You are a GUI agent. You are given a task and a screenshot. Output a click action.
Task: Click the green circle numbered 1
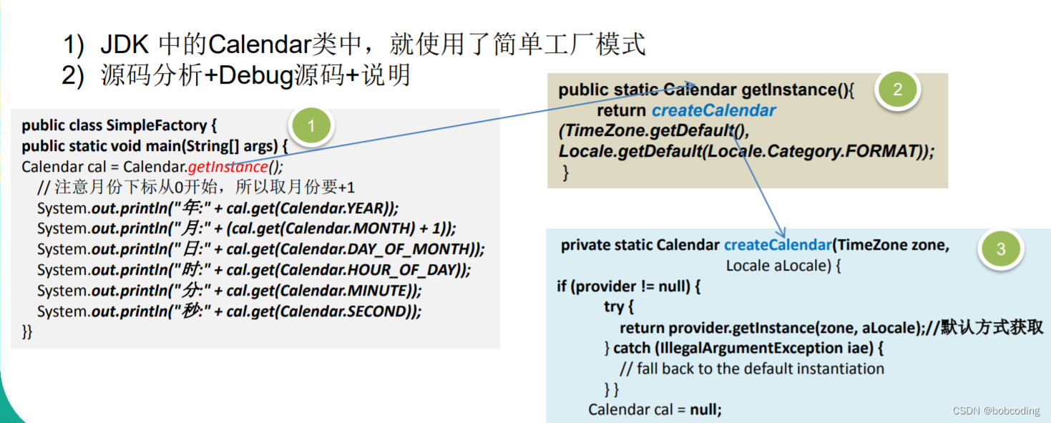(311, 127)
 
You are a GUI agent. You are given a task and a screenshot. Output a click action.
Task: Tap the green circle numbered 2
(897, 89)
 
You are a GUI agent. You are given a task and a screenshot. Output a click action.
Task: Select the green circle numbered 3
(1000, 249)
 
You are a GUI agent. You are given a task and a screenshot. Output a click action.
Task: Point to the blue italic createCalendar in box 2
(713, 111)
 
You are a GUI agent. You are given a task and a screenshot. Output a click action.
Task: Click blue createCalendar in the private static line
(777, 245)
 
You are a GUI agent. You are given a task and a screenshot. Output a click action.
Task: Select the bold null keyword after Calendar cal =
(705, 409)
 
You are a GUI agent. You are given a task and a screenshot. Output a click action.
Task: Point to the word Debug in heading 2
(252, 75)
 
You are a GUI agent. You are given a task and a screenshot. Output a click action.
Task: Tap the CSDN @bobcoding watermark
(995, 411)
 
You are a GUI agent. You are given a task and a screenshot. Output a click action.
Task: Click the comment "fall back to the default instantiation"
(760, 369)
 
